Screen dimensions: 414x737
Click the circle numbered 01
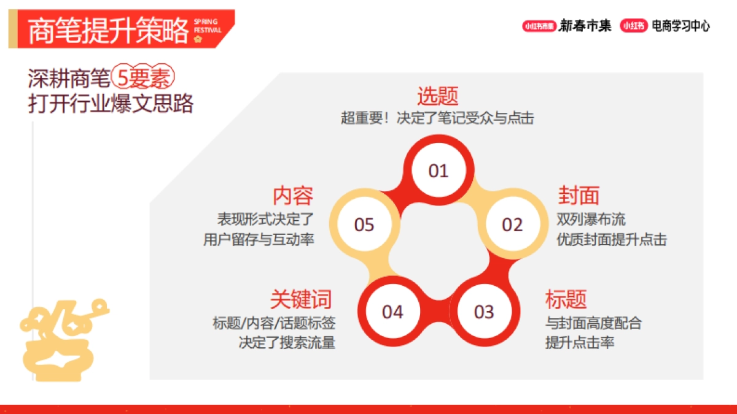coord(439,171)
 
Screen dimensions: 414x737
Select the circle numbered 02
coord(512,225)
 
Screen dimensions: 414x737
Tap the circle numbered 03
coord(484,312)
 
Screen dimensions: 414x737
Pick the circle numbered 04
coord(392,312)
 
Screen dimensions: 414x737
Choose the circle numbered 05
coord(364,225)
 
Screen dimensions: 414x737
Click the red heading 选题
coord(438,96)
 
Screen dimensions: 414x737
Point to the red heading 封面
coord(579,196)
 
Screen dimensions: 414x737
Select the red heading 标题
coord(566,299)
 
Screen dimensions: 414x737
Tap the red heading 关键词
coord(301,299)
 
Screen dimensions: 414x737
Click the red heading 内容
coord(293,196)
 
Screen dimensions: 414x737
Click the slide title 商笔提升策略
coord(108,29)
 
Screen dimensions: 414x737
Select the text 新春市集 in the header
coord(585,26)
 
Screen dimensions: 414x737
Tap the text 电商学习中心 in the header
coord(680,26)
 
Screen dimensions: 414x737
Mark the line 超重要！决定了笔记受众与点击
coord(437,118)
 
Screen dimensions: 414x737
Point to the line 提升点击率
coord(580,342)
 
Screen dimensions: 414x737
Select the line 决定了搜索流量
coord(287,342)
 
